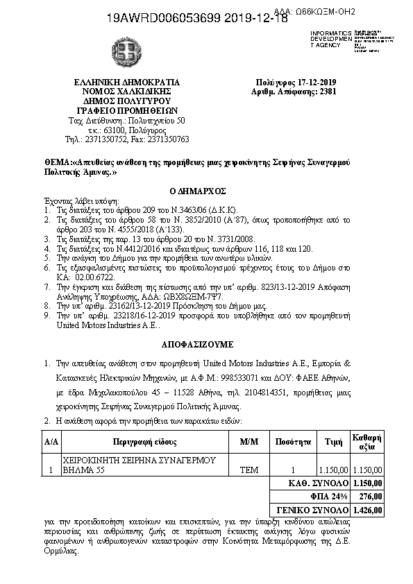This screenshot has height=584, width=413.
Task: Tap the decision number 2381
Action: coord(328,91)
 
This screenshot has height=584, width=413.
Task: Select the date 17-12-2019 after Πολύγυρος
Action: coord(317,82)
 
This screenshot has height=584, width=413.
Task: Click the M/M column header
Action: coord(248,441)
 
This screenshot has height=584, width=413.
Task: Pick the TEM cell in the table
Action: coord(248,470)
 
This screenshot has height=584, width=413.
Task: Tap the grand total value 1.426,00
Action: coord(367,510)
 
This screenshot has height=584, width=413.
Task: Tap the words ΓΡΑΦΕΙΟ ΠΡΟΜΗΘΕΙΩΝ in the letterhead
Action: coord(126,110)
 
